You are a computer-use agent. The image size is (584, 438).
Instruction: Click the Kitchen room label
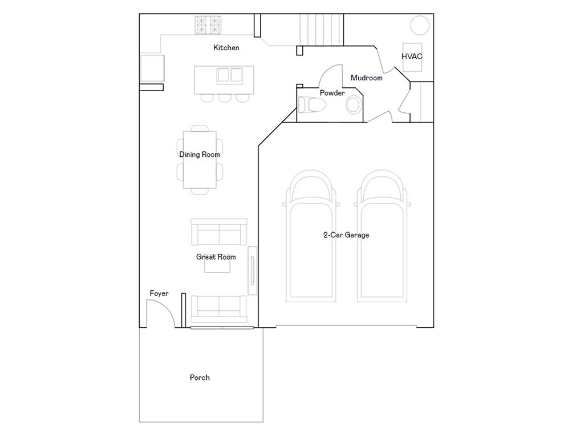coord(226,48)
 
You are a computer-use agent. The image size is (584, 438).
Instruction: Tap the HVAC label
coord(412,56)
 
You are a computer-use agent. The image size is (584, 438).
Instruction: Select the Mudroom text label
coord(367,78)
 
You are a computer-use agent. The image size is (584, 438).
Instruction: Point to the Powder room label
coord(332,93)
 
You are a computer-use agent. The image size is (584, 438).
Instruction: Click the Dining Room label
coord(200,155)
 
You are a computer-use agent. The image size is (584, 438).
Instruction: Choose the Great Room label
coord(216,257)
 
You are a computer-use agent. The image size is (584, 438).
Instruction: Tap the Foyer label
coord(159,294)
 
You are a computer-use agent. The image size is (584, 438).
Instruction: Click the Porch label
coord(200,378)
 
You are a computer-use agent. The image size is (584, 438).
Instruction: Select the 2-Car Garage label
coord(346,235)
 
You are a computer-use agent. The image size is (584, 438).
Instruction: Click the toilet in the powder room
coord(312,105)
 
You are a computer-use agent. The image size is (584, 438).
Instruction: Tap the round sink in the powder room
coord(354,105)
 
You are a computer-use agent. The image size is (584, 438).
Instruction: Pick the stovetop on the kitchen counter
coord(208,25)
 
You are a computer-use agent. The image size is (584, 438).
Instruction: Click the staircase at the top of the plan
coord(322,30)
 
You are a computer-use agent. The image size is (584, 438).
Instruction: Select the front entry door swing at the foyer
coord(160,314)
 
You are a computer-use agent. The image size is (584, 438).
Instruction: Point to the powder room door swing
coord(331,76)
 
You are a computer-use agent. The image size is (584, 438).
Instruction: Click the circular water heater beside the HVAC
coord(420,25)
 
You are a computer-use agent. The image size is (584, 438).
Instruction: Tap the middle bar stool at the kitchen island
coord(225,98)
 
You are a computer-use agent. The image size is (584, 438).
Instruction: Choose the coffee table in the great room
coord(217,263)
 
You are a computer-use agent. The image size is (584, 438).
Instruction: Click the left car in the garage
coord(311,236)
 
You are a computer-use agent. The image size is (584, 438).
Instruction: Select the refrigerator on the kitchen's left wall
coord(152,68)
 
